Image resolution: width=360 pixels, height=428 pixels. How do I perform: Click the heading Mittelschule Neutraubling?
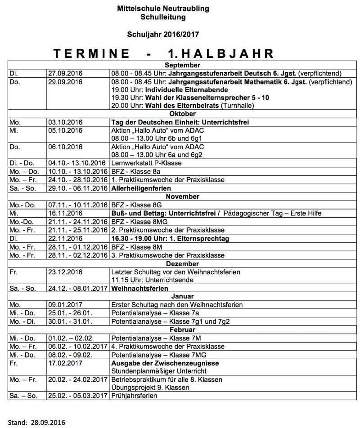[163, 9]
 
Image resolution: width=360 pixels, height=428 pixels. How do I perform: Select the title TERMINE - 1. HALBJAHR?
[163, 54]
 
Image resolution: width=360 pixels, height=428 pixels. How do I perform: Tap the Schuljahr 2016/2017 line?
[163, 34]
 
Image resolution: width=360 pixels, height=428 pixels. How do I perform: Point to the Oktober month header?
[182, 114]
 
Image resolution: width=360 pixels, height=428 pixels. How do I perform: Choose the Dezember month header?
[182, 263]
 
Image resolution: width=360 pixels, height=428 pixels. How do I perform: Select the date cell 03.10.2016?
[65, 122]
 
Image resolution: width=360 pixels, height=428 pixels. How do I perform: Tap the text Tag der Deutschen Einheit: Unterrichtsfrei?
[180, 122]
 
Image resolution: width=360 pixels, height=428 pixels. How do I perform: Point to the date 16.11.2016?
[65, 213]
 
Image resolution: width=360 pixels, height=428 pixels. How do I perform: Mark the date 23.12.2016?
[65, 272]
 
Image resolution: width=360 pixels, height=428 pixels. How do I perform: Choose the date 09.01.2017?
[65, 305]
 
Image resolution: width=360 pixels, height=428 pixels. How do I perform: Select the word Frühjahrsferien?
[134, 396]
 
